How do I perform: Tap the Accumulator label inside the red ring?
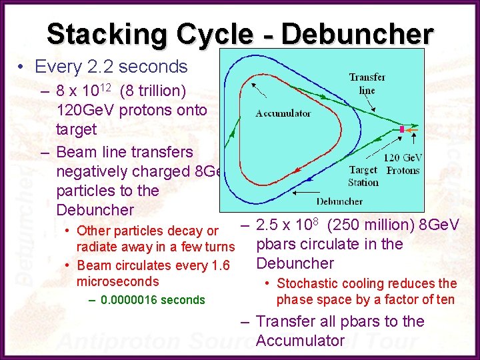pyautogui.click(x=283, y=113)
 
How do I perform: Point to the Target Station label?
pyautogui.click(x=364, y=176)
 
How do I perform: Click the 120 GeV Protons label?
pyautogui.click(x=403, y=164)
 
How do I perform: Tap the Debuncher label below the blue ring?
pyautogui.click(x=339, y=201)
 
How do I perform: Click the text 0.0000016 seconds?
pyautogui.click(x=153, y=300)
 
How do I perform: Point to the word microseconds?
pyautogui.click(x=118, y=282)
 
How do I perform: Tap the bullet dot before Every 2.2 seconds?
pyautogui.click(x=22, y=67)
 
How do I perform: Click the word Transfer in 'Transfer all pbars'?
pyautogui.click(x=284, y=321)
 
